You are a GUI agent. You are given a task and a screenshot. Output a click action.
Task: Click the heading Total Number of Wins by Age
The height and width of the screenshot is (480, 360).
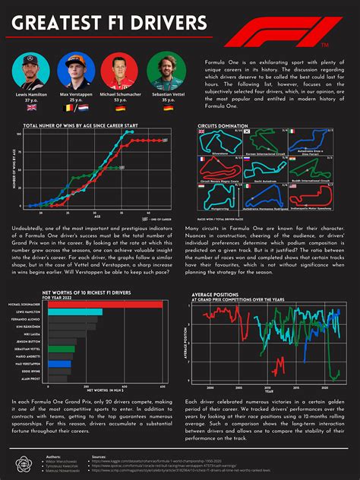point(81,125)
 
